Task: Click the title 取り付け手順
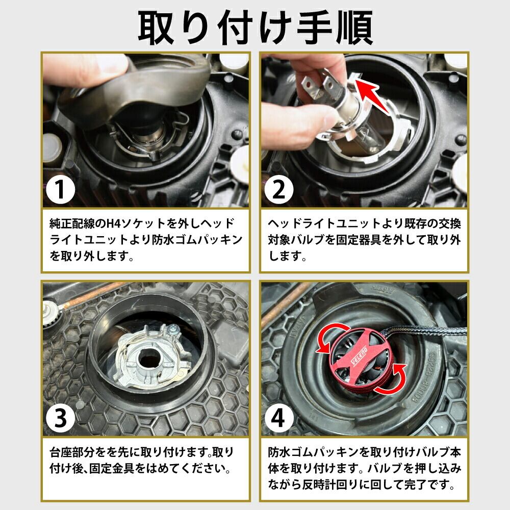point(256,28)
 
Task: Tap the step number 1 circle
point(61,189)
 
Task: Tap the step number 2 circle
point(279,189)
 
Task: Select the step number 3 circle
point(61,418)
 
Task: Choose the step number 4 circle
point(279,418)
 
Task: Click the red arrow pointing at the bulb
point(370,94)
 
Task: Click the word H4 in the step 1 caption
point(118,223)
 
